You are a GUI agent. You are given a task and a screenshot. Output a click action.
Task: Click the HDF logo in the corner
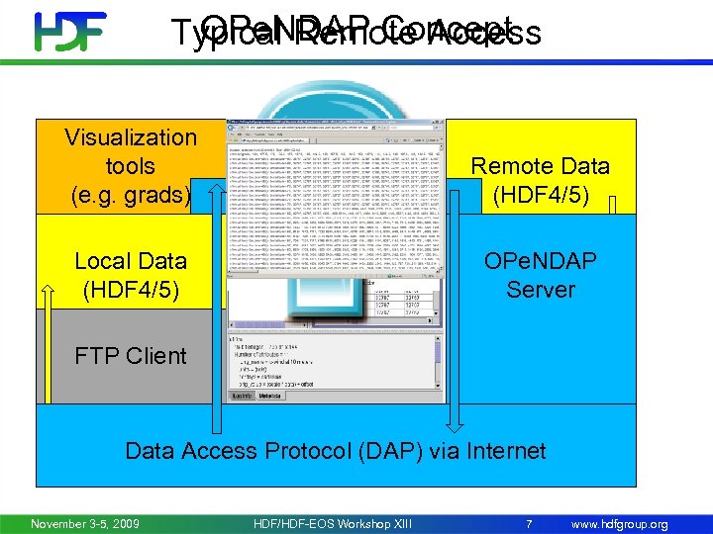[70, 32]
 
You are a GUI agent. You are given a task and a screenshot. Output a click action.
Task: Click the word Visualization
[131, 137]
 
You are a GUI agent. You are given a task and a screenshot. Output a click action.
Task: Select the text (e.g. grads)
[131, 195]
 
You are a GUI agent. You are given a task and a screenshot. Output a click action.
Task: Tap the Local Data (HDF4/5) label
[131, 275]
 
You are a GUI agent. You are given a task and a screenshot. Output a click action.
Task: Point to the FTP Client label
[131, 356]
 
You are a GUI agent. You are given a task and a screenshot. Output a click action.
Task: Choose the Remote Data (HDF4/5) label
[540, 180]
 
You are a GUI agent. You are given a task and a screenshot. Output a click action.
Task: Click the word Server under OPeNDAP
[541, 290]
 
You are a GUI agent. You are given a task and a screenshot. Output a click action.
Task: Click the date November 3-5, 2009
[85, 523]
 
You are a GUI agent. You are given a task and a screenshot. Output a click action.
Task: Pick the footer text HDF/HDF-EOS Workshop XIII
[332, 523]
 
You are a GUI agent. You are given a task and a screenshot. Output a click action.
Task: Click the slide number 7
[529, 523]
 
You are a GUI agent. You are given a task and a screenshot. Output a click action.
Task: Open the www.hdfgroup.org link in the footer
[620, 523]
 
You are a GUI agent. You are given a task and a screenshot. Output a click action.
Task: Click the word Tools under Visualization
[130, 166]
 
